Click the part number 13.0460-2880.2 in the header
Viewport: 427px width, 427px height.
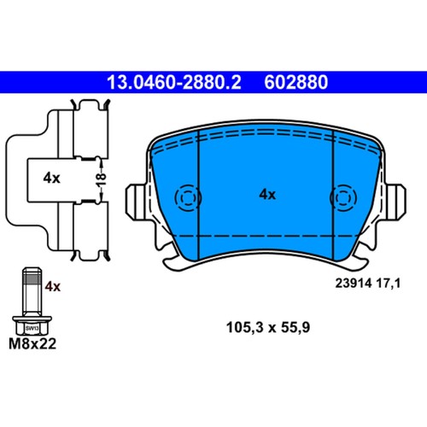coord(174,83)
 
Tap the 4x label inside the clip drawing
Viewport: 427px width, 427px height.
coord(50,178)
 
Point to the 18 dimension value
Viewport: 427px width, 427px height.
coord(99,178)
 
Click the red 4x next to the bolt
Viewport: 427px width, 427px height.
coord(53,286)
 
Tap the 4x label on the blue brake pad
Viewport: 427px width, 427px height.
coord(267,194)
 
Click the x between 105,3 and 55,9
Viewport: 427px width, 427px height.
coord(270,326)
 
